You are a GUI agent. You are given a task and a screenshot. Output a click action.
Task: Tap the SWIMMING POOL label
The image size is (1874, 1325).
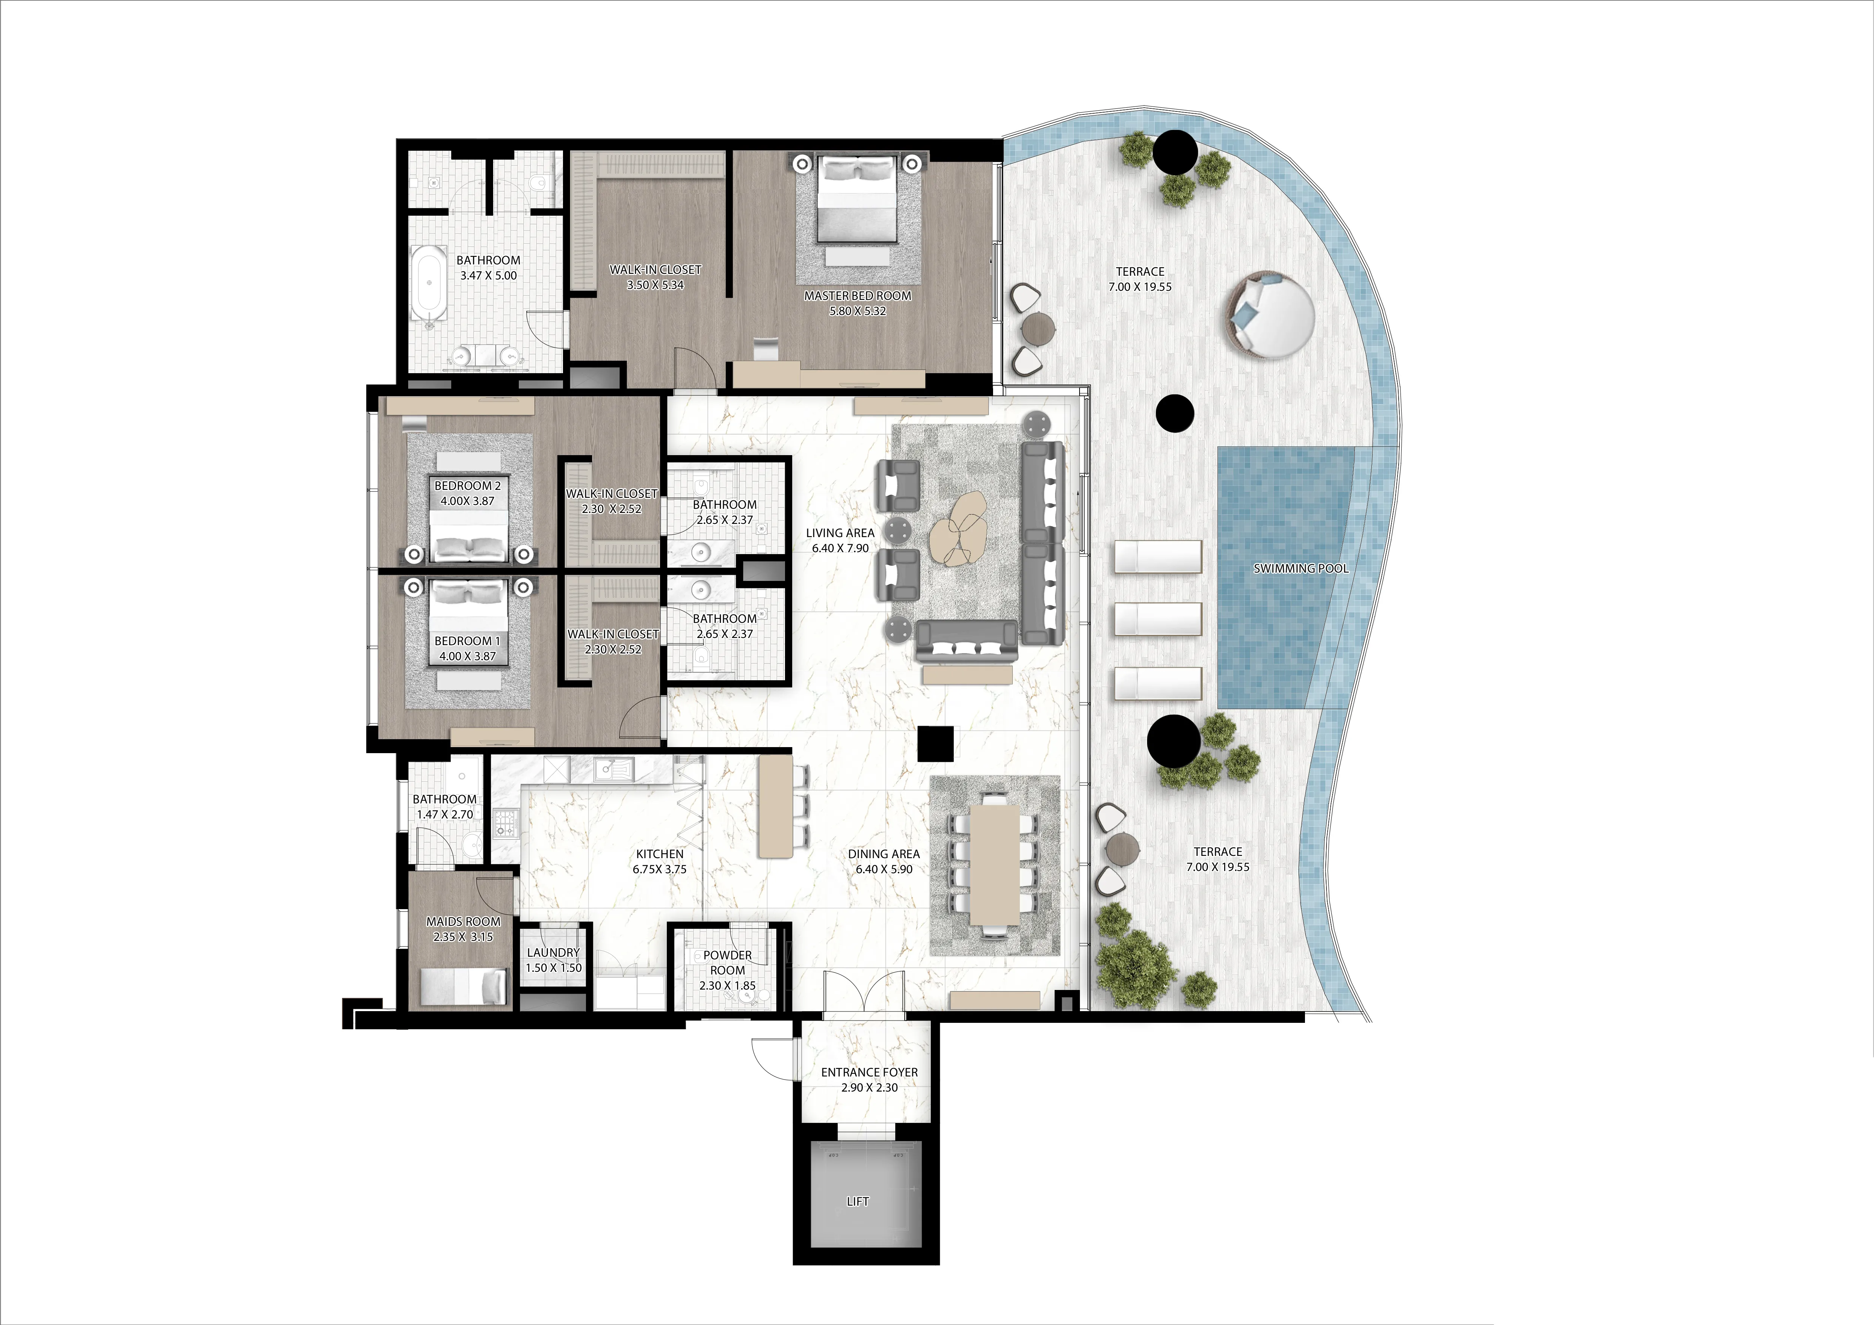tap(1300, 568)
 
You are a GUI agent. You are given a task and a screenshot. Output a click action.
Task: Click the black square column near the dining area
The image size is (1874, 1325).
tap(935, 744)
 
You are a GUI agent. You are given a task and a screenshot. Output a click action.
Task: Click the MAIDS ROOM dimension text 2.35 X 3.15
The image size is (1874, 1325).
tap(463, 936)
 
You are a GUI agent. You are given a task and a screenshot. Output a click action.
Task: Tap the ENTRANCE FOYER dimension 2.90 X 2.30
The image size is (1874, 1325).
tap(869, 1087)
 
